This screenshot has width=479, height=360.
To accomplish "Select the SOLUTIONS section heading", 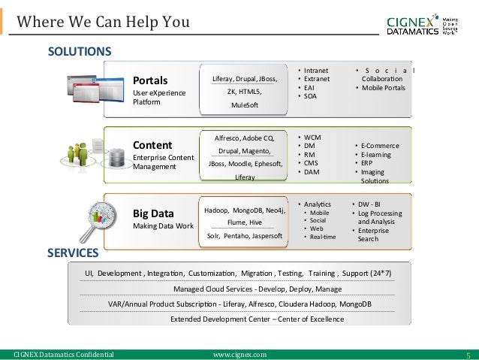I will click(79, 52).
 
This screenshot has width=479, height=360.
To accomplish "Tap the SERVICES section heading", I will click(73, 253).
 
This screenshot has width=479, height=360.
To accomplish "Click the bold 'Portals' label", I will click(150, 80).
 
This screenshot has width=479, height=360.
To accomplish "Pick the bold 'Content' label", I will click(152, 145).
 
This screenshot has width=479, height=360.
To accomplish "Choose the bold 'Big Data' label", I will click(154, 213).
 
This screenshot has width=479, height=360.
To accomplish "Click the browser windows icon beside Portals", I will click(86, 89).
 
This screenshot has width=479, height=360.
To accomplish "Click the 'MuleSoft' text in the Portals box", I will click(244, 105).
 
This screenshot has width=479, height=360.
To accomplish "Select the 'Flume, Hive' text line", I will click(244, 222).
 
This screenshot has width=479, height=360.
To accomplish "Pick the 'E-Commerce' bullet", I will click(380, 146).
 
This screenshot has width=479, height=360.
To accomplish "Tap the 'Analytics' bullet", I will click(318, 204).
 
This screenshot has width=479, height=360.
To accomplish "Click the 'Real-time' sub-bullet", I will click(324, 237).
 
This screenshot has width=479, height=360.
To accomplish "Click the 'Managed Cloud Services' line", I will click(258, 289).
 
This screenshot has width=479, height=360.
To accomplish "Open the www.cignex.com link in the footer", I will click(239, 354).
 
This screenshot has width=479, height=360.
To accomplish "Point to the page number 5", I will click(468, 354).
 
